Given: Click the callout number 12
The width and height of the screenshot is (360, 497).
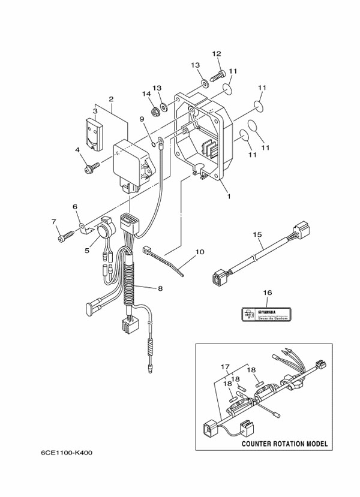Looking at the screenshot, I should tap(217, 54).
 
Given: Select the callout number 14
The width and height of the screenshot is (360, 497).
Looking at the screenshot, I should tap(146, 94).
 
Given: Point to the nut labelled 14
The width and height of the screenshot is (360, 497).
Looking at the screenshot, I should tap(154, 110).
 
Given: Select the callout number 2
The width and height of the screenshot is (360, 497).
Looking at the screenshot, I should tap(111, 99).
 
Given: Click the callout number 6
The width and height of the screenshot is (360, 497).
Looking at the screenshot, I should tap(76, 207).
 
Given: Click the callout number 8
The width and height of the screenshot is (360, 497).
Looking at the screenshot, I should tap(160, 288).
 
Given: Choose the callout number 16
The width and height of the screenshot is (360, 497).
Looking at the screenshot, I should tap(268, 293).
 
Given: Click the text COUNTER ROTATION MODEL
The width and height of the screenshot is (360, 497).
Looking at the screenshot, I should tap(284, 444).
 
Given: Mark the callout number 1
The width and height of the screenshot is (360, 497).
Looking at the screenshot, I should tap(228, 195).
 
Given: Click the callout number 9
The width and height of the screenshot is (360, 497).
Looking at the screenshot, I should tap(143, 119).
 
